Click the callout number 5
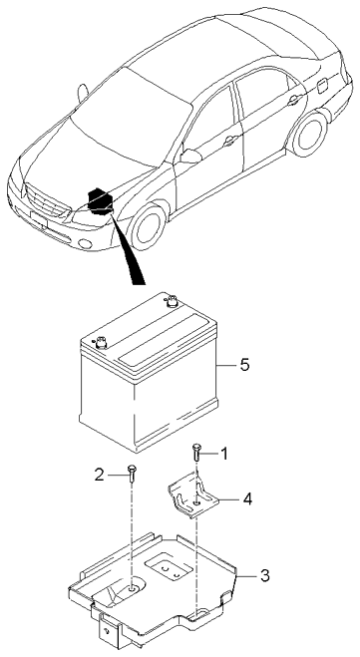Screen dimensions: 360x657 (x=244, y=365)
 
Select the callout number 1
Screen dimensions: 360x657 (x=224, y=454)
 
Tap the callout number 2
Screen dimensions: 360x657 (x=100, y=475)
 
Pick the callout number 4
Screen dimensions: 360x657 (x=247, y=499)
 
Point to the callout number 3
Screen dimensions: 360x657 (x=264, y=575)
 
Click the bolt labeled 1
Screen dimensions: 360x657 (x=196, y=452)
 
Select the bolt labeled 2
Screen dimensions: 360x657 (x=132, y=474)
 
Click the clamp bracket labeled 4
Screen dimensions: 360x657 (x=193, y=495)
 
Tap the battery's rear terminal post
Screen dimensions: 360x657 (x=171, y=301)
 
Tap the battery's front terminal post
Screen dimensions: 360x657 (x=101, y=342)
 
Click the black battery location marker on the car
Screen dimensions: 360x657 (x=100, y=201)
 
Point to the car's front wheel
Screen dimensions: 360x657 (x=148, y=226)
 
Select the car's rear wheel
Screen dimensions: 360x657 (x=309, y=134)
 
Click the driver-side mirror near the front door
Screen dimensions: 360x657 (x=189, y=157)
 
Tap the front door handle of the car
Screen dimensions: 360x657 (x=230, y=141)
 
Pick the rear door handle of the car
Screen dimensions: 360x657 (x=293, y=100)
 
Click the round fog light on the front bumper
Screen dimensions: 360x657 (x=86, y=244)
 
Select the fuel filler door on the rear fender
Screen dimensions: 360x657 (x=323, y=86)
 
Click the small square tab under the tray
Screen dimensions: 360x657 (x=108, y=631)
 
